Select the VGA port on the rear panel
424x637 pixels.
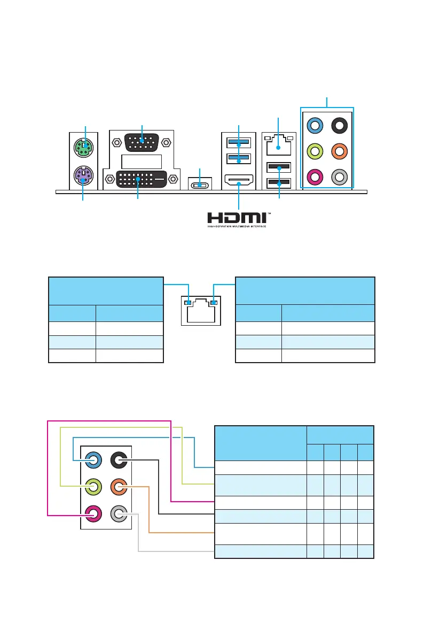(x=142, y=143)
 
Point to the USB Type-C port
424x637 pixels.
(x=200, y=185)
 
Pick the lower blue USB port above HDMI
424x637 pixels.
(x=238, y=159)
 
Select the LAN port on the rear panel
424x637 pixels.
(x=278, y=144)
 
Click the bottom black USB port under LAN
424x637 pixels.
(x=278, y=183)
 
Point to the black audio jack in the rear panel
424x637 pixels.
(x=340, y=126)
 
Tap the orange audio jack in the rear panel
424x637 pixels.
(x=340, y=151)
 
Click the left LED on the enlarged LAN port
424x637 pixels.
(x=187, y=303)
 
